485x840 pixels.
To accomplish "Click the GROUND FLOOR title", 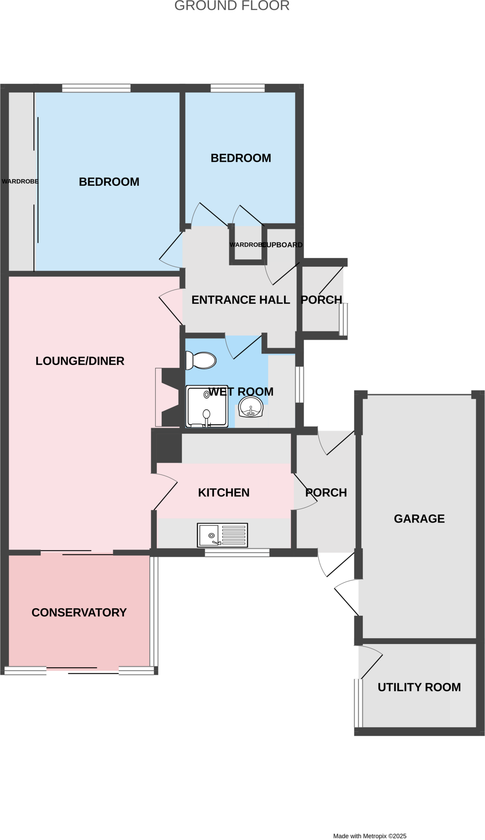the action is pos(232,6).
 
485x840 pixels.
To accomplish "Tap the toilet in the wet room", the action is pos(201,361).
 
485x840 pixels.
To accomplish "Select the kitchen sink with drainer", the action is pos(222,535).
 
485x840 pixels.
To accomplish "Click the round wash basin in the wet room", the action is pos(251,407).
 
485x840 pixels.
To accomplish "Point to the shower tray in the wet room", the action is pos(207,406).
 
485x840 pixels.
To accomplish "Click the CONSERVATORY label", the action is pos(79,612).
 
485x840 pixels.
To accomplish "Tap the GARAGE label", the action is pos(419,519).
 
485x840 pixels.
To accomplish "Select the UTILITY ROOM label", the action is pos(419,687).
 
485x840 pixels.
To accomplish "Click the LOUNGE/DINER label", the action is pos(80,361).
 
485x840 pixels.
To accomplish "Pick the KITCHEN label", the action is pos(224,493).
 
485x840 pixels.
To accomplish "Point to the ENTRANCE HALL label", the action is pos(241,300).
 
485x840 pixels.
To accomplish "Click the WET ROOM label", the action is pos(241,392).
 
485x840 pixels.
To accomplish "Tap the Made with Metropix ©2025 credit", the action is pos(370,836).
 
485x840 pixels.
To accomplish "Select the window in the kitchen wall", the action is pos(237,552).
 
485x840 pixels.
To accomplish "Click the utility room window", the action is pos(358,703).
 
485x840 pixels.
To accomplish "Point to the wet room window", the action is pos(300,384).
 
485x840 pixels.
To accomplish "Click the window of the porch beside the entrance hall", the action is pos(343,320).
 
